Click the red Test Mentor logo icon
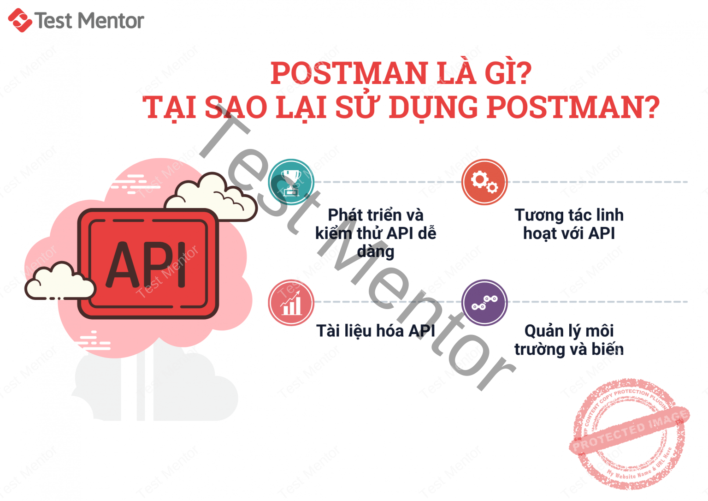(20, 20)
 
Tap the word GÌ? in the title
(507, 73)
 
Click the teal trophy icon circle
(291, 182)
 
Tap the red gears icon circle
(484, 182)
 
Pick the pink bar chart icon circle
(291, 303)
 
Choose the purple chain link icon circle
(484, 303)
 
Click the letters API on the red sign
(147, 265)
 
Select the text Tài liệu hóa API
(376, 331)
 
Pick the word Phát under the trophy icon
(344, 215)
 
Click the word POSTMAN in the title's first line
(349, 73)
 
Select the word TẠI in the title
(171, 107)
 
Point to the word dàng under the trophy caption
(376, 252)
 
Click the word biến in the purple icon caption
(608, 349)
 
